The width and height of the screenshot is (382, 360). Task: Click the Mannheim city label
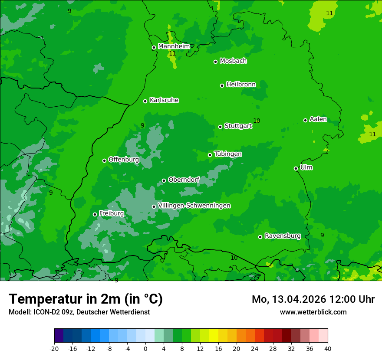coord(174,46)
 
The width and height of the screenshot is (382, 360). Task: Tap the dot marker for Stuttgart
coord(221,127)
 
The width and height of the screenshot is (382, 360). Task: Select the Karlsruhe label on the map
coord(164,100)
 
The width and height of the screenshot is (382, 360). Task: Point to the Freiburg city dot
coord(95,214)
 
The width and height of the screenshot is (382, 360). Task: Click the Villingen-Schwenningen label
coord(194,206)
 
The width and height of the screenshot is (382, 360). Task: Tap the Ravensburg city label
coord(282,236)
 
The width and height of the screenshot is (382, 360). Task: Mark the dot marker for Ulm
coord(296,168)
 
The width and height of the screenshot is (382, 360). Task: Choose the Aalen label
coord(318,119)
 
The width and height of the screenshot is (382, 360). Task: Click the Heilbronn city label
coord(241,84)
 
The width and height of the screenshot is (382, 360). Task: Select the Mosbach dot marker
coord(215,62)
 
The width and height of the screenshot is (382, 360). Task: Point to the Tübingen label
coord(228,154)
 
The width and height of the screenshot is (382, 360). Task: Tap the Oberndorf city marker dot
coord(164,180)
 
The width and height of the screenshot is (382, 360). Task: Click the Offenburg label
coord(124,160)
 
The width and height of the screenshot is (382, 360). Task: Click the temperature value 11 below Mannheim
coord(172,54)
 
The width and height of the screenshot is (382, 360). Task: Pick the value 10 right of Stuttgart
coord(257,121)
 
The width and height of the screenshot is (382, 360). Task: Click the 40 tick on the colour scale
coord(327,348)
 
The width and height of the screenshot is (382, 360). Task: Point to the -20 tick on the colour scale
coord(54,348)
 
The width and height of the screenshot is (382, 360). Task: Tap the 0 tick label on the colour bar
coord(145,348)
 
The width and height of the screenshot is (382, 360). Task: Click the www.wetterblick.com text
coord(313,312)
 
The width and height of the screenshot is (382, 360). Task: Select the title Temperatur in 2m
coord(86,299)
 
